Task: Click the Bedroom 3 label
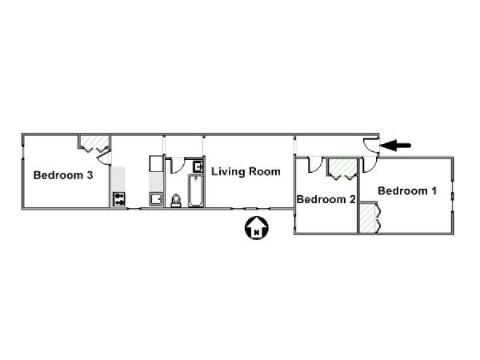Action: pyautogui.click(x=63, y=175)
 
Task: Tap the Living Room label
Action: pyautogui.click(x=246, y=171)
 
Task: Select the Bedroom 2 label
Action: pyautogui.click(x=326, y=199)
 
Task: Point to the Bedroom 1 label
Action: pyautogui.click(x=407, y=190)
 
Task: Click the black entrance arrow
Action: pyautogui.click(x=395, y=146)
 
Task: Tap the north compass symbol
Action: pyautogui.click(x=257, y=228)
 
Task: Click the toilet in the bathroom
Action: pyautogui.click(x=176, y=201)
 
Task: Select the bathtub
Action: pyautogui.click(x=196, y=190)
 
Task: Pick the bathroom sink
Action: pyautogui.click(x=198, y=167)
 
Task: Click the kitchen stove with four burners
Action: pyautogui.click(x=119, y=199)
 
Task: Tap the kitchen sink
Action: pyautogui.click(x=156, y=199)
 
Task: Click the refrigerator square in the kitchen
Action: pyautogui.click(x=156, y=163)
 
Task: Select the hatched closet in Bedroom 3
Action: pyautogui.click(x=94, y=142)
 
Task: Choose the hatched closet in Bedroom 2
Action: pyautogui.click(x=342, y=167)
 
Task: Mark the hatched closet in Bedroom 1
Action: pyautogui.click(x=368, y=217)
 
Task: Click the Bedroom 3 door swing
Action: pyautogui.click(x=104, y=158)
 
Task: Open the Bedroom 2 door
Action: pyautogui.click(x=315, y=165)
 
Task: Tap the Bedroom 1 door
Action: pyautogui.click(x=370, y=165)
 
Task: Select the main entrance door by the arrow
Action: pyautogui.click(x=371, y=145)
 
